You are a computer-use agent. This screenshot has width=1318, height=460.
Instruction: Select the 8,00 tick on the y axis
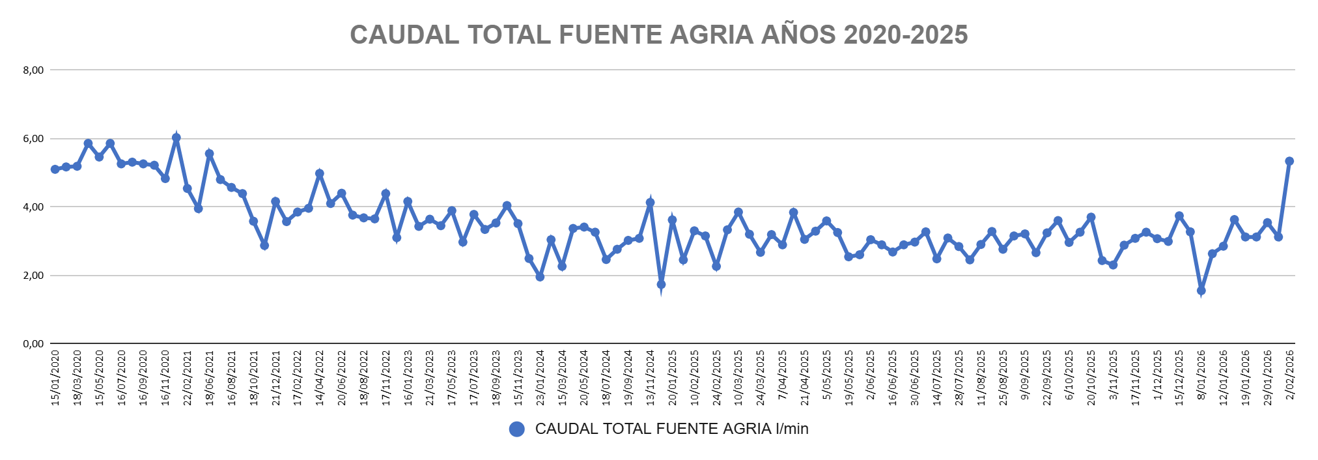[x=33, y=70]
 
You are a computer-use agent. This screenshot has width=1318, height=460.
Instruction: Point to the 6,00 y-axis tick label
[x=33, y=139]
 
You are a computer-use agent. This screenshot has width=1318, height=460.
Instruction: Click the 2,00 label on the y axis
[x=33, y=276]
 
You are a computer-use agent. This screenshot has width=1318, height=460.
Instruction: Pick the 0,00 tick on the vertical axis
[x=33, y=344]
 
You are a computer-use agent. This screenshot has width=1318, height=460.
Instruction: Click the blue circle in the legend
[x=517, y=429]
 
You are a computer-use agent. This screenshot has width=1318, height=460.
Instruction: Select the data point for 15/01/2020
[x=55, y=169]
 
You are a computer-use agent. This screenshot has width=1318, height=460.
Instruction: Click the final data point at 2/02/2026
[x=1289, y=161]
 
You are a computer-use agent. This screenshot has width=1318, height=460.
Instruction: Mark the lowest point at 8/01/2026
[x=1201, y=291]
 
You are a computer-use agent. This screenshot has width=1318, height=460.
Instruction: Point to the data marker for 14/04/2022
[x=320, y=174]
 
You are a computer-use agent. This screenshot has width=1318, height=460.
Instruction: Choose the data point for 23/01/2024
[x=540, y=277]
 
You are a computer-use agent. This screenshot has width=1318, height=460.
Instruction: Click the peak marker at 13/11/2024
[x=650, y=203]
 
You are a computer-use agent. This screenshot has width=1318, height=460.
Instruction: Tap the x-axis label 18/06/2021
[x=210, y=378]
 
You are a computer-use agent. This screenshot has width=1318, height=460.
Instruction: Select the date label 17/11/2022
[x=386, y=378]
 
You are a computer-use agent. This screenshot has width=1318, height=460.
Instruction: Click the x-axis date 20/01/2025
[x=673, y=378]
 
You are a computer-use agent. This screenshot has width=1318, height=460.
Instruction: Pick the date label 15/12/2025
[x=1179, y=378]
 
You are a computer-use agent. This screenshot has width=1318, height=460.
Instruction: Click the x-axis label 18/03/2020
[x=77, y=378]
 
